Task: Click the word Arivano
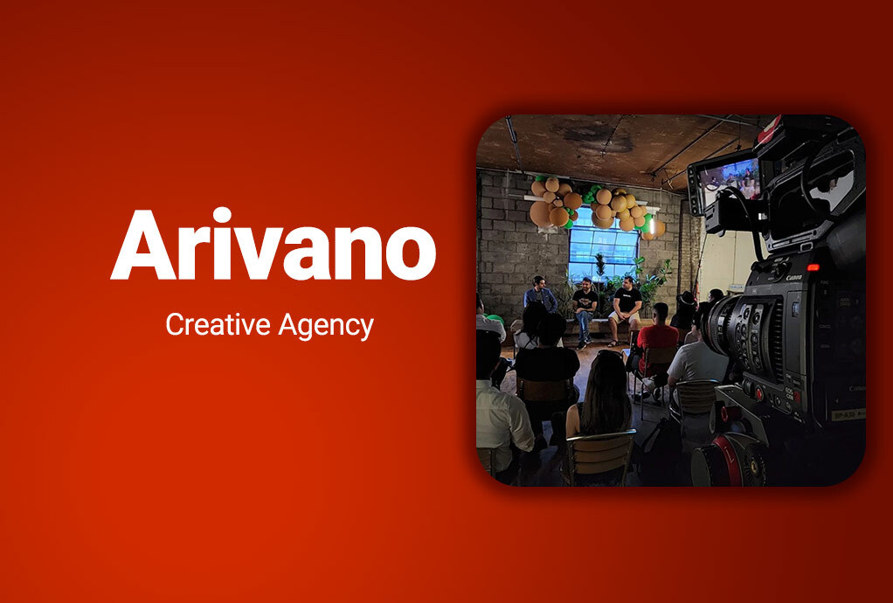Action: click(273, 244)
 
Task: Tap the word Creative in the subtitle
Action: click(218, 324)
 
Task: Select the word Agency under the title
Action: click(326, 326)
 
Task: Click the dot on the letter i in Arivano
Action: click(222, 215)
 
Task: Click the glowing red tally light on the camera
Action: click(813, 267)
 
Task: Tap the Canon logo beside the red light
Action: click(794, 278)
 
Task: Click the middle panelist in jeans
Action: click(584, 310)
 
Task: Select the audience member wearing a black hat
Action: click(685, 309)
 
